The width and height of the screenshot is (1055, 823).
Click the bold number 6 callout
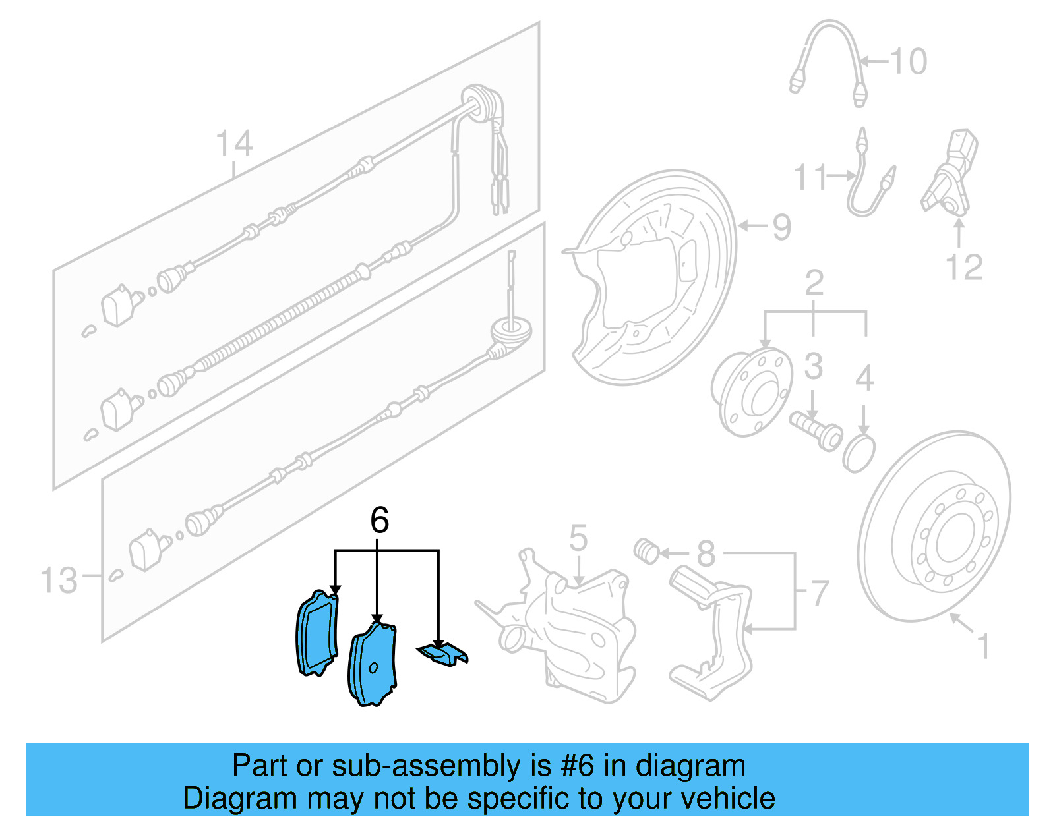(379, 521)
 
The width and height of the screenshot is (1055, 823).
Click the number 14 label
(234, 144)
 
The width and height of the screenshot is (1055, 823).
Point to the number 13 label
(59, 581)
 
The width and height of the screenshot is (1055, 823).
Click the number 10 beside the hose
(909, 62)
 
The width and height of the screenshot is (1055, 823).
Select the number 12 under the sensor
(963, 268)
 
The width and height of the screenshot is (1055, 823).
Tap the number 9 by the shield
(781, 227)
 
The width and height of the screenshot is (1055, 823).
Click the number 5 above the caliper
(578, 538)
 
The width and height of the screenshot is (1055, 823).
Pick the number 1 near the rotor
(982, 646)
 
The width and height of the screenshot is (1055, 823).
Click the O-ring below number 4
(859, 453)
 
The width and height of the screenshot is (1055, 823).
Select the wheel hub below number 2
(752, 393)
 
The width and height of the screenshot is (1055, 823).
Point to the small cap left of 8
(646, 551)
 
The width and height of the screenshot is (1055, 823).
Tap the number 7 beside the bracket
(819, 593)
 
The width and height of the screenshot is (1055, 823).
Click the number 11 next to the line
(810, 177)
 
